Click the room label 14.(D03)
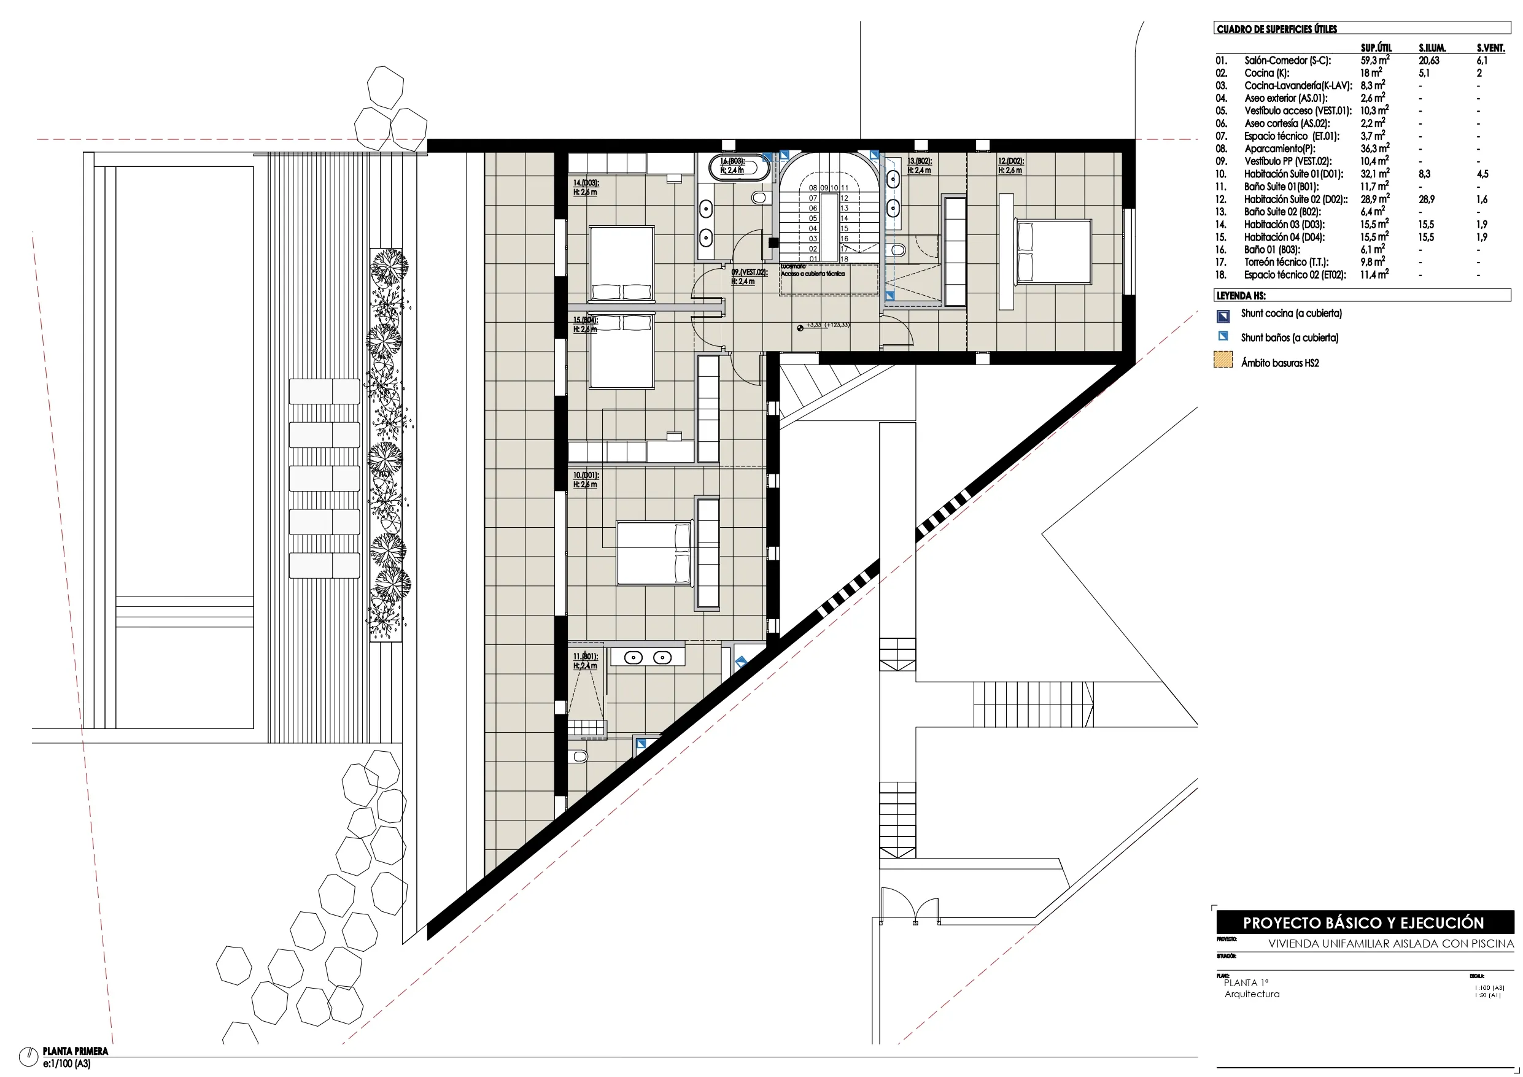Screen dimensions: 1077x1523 point(586,182)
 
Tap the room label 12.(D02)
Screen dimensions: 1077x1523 point(1011,161)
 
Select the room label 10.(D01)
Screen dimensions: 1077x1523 point(586,475)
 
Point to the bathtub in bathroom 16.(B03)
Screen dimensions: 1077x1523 point(739,167)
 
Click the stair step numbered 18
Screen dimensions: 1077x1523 point(845,258)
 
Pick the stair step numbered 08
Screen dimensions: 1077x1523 point(813,188)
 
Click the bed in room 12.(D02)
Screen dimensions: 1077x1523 point(1054,253)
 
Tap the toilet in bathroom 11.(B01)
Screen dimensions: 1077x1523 point(579,756)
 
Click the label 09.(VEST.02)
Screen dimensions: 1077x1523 point(749,272)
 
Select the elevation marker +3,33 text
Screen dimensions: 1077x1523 point(814,325)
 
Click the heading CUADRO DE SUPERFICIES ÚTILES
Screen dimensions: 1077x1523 point(1276,29)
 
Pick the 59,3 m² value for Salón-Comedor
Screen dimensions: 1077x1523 point(1374,60)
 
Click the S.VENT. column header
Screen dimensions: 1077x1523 point(1490,48)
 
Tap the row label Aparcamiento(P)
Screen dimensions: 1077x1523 point(1279,149)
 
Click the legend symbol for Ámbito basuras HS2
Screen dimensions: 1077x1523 point(1222,360)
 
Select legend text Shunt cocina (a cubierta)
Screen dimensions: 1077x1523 point(1291,313)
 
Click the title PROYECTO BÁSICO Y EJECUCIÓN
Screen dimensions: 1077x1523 point(1363,922)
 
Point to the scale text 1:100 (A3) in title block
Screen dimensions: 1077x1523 point(1489,987)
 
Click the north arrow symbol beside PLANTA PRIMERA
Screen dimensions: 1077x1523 point(28,1054)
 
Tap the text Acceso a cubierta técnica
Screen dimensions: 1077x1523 point(813,273)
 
